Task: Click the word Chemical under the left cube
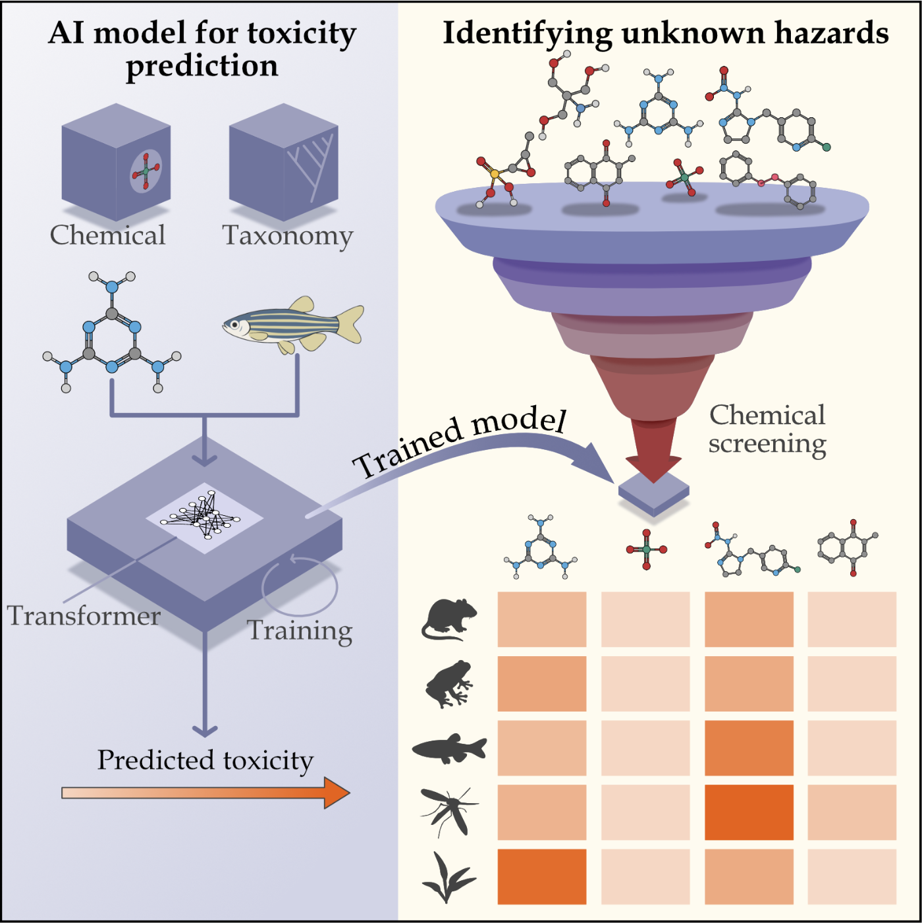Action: [x=107, y=235]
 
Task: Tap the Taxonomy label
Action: [x=288, y=235]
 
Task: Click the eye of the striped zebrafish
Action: [x=233, y=324]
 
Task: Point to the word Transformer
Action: [x=84, y=615]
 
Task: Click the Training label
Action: [x=300, y=630]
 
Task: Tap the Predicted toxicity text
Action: [x=205, y=760]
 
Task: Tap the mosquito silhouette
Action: [x=448, y=812]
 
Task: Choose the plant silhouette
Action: [x=448, y=877]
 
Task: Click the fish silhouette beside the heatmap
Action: [x=449, y=749]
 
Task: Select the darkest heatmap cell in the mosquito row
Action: [x=749, y=812]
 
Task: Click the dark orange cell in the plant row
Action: [x=542, y=876]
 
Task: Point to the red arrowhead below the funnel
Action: [x=653, y=465]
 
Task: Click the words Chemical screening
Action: [x=767, y=429]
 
